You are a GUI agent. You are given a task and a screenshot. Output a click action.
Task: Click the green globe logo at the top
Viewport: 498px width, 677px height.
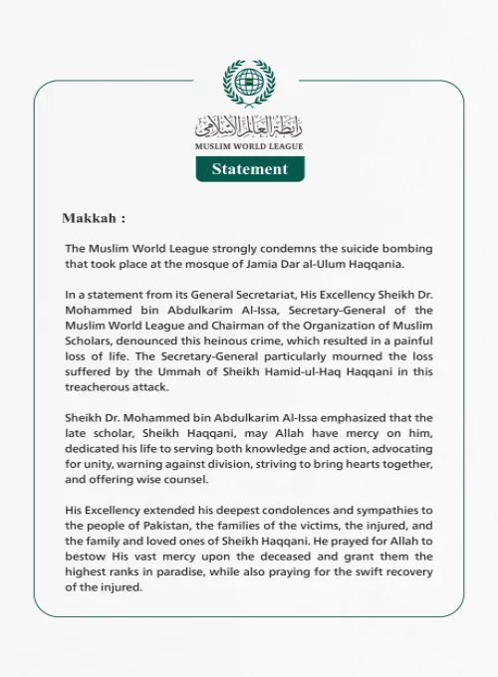[248, 84]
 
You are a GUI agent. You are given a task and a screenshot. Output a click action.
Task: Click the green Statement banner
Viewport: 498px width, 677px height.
[249, 169]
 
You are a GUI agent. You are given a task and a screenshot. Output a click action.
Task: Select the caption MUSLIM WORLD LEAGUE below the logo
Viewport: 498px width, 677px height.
[249, 146]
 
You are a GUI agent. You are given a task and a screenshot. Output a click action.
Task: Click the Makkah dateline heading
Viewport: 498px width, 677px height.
[94, 218]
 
